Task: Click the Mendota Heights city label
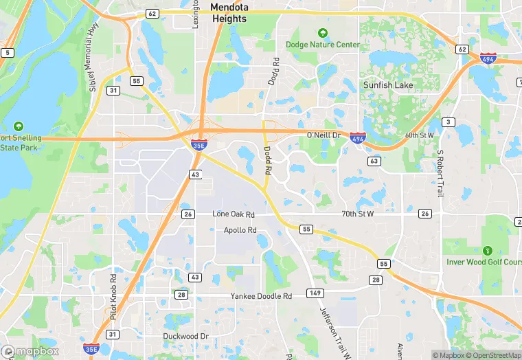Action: click(x=228, y=13)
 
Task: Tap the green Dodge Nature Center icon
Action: click(x=322, y=33)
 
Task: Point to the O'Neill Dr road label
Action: click(x=324, y=135)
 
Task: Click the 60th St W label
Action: click(x=420, y=135)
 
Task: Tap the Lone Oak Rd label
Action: click(x=234, y=214)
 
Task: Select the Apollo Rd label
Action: click(x=240, y=230)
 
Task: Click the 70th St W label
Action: click(x=357, y=214)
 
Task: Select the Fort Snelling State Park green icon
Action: click(x=18, y=126)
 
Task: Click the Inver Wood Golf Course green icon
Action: click(x=488, y=251)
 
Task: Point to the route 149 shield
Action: click(x=315, y=293)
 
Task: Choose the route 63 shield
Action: click(x=374, y=161)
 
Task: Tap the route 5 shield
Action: click(x=8, y=52)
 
